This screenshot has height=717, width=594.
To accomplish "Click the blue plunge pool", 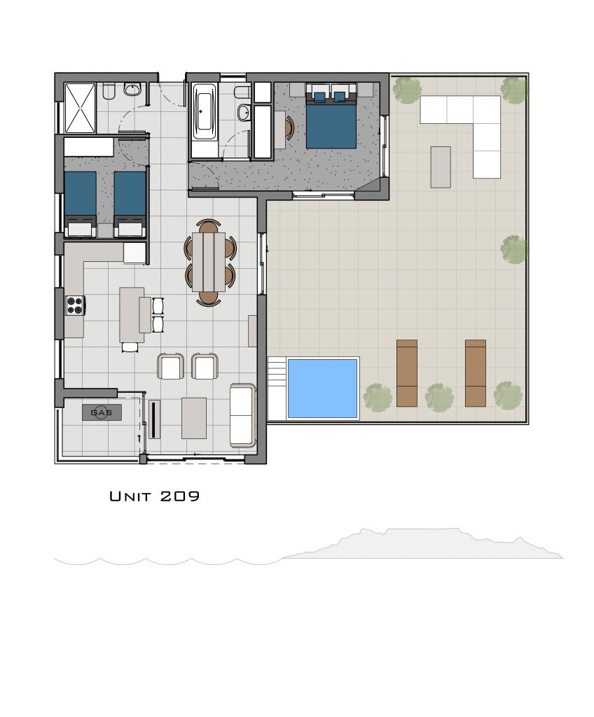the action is click(322, 388).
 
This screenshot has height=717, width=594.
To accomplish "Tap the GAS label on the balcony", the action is click(102, 412).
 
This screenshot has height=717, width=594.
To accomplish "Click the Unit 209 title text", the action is click(155, 496).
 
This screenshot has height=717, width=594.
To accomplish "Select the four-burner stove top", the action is click(76, 305).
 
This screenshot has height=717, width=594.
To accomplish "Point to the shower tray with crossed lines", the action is click(80, 108).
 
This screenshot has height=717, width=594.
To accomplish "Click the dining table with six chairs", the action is click(209, 262).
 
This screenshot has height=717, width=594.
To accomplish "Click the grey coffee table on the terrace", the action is click(441, 167).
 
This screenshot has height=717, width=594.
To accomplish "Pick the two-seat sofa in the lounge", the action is click(242, 415).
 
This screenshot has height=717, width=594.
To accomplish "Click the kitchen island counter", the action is click(132, 314).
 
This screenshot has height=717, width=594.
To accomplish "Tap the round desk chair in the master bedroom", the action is click(289, 127).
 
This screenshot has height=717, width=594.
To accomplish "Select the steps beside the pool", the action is click(277, 388).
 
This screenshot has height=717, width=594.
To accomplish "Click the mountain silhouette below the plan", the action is click(423, 545).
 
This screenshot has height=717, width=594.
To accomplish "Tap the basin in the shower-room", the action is click(132, 90).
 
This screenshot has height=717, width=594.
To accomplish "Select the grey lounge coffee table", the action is click(194, 418).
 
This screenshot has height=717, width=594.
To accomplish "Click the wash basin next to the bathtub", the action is click(244, 111).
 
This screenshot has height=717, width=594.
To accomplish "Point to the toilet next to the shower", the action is click(109, 92).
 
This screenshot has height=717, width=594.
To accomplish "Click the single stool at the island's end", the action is click(130, 347).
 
